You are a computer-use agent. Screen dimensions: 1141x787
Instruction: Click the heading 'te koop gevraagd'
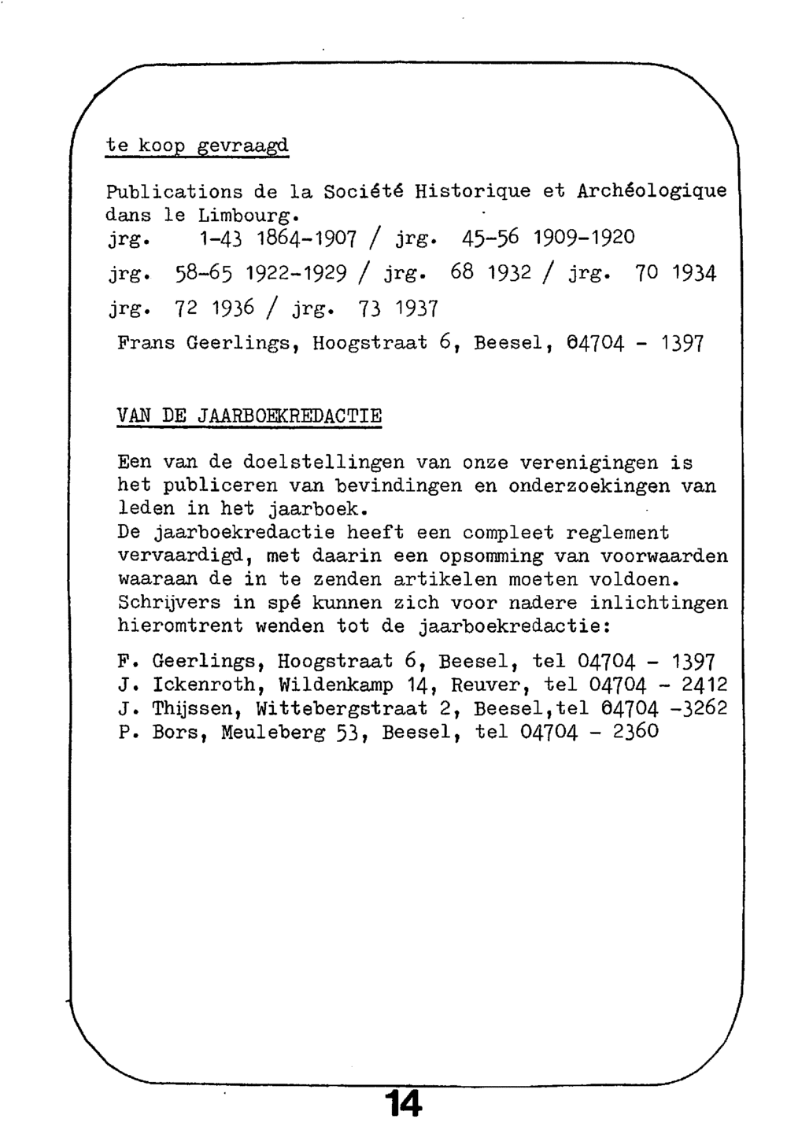[x=198, y=146]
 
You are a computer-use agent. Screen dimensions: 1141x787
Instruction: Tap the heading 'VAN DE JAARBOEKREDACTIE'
[x=249, y=415]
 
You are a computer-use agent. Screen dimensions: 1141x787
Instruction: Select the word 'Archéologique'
[x=652, y=191]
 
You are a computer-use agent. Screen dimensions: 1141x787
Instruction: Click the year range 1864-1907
[x=302, y=237]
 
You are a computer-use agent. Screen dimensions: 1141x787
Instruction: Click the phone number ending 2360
[x=589, y=733]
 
